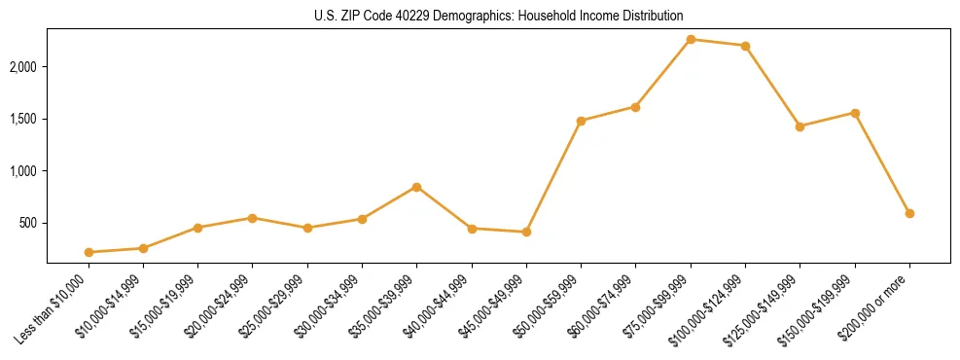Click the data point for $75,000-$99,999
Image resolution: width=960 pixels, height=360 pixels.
click(x=691, y=39)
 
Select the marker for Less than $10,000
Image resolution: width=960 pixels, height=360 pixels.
click(x=89, y=252)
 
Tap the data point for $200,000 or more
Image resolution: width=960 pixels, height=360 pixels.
click(x=909, y=213)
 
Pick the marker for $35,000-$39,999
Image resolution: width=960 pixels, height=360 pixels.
click(x=416, y=187)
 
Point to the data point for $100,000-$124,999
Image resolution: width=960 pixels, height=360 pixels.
click(x=745, y=46)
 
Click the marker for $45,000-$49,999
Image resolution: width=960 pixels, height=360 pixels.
click(x=526, y=232)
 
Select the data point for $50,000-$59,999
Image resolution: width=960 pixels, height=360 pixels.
click(x=581, y=121)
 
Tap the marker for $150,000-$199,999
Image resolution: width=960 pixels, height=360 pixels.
click(x=855, y=113)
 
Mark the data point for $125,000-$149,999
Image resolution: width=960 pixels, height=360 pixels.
click(x=800, y=126)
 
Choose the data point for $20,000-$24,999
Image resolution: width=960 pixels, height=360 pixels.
click(x=253, y=218)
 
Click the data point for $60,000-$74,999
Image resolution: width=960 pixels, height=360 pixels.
click(x=635, y=107)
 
